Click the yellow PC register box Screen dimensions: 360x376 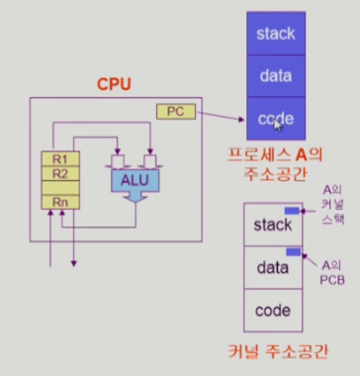(176, 112)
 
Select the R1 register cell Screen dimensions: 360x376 (60, 159)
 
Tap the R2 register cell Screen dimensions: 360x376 (60, 173)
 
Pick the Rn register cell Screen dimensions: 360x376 (60, 202)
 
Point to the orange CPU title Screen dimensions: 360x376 (114, 84)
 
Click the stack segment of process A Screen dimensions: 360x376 (276, 34)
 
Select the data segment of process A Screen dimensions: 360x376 (276, 76)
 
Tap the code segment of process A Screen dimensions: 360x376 (276, 119)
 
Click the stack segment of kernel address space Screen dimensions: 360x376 (273, 225)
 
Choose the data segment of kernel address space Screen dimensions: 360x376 (273, 267)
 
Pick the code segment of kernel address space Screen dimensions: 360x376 (273, 311)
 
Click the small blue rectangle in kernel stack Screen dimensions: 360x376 (292, 211)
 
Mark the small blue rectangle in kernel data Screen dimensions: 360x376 (293, 252)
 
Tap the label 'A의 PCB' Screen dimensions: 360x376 (332, 273)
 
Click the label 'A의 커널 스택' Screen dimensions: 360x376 (333, 205)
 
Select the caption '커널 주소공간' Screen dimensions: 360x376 (278, 352)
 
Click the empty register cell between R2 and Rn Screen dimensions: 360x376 (60, 188)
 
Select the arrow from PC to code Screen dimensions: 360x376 (221, 117)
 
